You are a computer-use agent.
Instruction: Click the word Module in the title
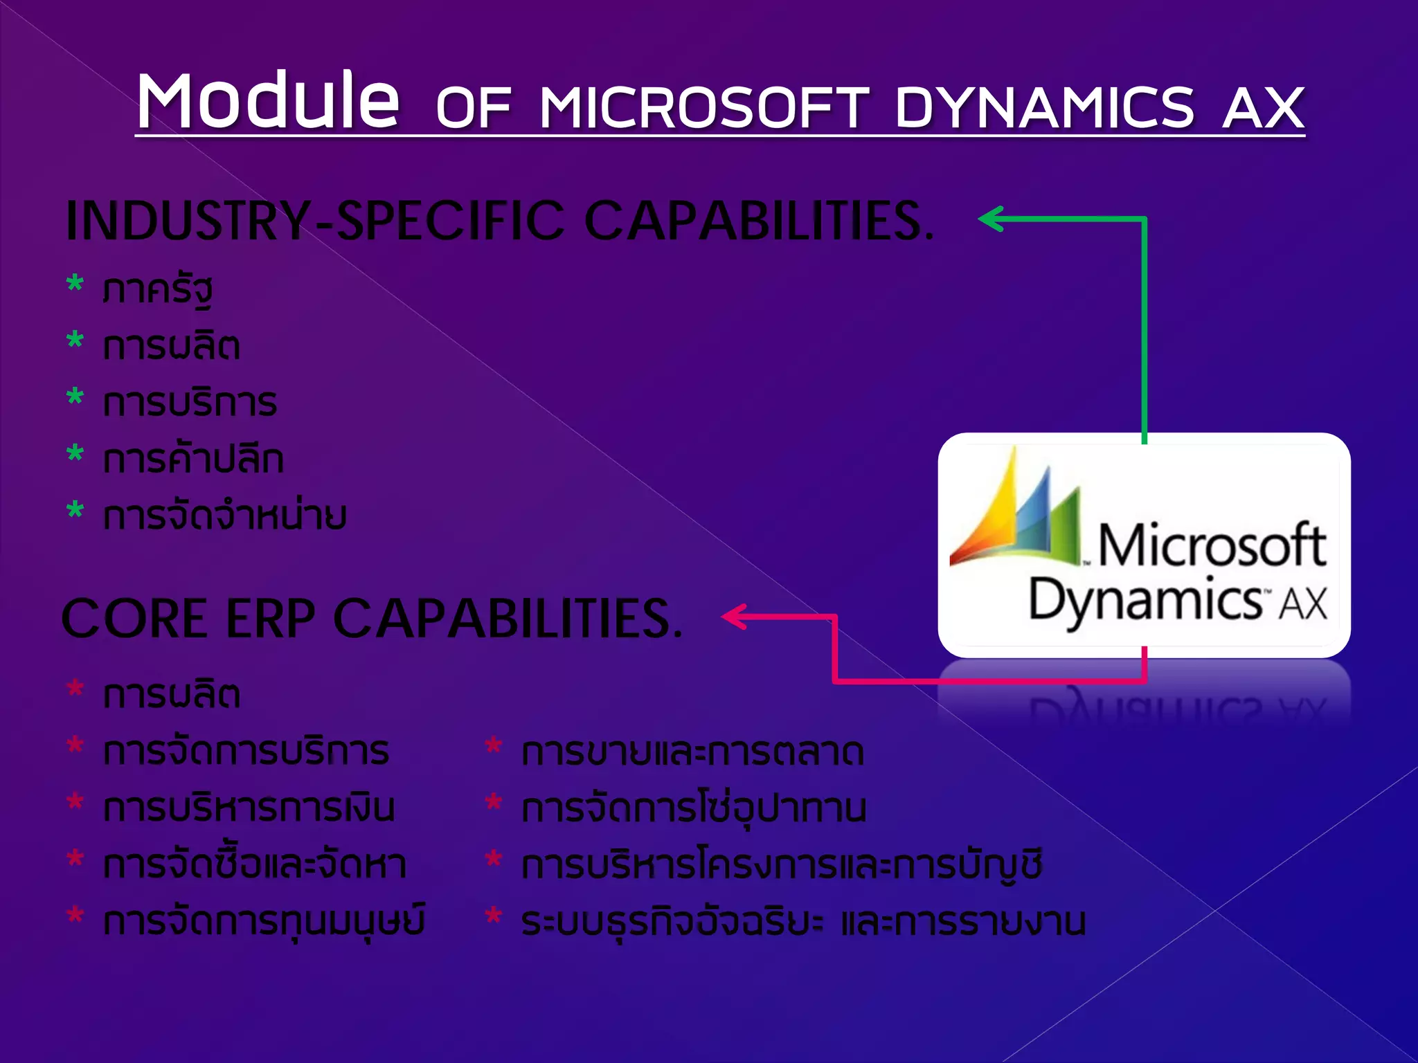(268, 101)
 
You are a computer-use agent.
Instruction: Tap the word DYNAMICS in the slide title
(1044, 108)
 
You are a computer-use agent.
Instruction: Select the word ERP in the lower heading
(271, 619)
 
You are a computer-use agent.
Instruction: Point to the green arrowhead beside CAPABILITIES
(991, 219)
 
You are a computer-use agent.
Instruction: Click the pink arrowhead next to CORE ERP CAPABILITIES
(735, 616)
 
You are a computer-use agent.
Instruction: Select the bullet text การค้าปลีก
(193, 460)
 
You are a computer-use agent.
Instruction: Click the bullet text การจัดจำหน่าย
(224, 516)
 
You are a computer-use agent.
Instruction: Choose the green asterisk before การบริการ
(75, 399)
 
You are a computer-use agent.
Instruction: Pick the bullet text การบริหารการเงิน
(249, 808)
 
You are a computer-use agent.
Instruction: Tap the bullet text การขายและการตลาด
(692, 752)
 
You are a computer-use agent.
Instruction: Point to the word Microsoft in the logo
(1212, 545)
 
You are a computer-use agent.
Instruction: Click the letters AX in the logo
(1302, 603)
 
